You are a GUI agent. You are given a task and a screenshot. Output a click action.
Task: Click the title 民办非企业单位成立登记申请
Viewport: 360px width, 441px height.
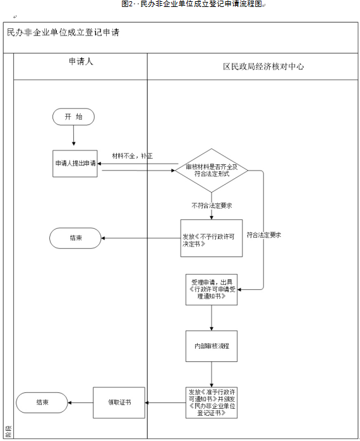(x=63, y=32)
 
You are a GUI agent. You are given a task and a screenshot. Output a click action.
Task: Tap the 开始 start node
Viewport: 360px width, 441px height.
(x=74, y=117)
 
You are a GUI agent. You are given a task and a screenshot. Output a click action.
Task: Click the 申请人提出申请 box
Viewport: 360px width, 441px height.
(x=75, y=163)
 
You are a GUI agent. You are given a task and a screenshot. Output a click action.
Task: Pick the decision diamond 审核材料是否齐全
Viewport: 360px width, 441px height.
(x=212, y=170)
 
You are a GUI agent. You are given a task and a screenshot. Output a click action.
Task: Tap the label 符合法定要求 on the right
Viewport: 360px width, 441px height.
(x=264, y=234)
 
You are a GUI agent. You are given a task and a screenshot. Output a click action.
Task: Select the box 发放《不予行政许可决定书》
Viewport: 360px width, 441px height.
(x=212, y=238)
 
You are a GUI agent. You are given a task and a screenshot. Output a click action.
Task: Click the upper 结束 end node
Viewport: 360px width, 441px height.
(x=75, y=238)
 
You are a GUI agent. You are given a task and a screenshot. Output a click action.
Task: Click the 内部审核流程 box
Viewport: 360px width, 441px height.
(x=212, y=346)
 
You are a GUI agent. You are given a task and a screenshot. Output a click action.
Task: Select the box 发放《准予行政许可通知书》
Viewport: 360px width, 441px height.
(x=212, y=402)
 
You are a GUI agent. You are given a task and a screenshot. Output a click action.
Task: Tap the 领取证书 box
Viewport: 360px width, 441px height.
(x=119, y=402)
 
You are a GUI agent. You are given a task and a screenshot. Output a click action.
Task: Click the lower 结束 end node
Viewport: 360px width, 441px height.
(x=42, y=402)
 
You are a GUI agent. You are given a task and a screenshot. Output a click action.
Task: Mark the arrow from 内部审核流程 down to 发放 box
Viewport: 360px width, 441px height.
(x=212, y=374)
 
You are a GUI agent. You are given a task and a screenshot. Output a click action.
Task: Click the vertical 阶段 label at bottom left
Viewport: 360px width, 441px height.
(x=8, y=432)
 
